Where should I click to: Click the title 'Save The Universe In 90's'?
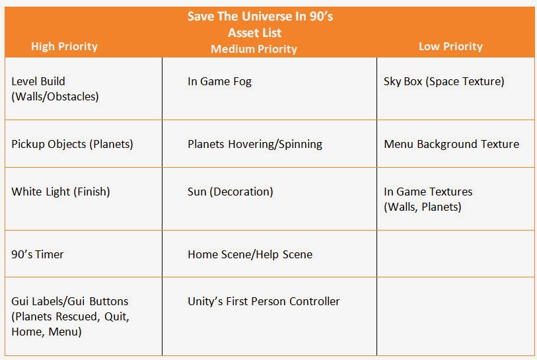point(260,17)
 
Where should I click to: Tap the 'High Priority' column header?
point(64,46)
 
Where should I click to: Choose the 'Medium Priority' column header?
point(254,49)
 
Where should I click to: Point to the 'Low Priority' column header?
point(450,46)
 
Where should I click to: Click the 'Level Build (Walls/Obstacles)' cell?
point(55,89)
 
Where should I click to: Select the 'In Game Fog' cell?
point(219,82)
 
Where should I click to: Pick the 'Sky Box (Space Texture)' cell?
point(443,82)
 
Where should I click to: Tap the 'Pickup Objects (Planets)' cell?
point(72,144)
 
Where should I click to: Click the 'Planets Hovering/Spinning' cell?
point(255,144)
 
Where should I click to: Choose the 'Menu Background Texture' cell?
point(451,144)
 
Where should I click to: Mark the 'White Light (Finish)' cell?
point(61,192)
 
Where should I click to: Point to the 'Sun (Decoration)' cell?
point(230,192)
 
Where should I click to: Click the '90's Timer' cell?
point(38,254)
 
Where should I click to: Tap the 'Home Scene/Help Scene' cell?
point(250,254)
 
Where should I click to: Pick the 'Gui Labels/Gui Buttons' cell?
point(70,316)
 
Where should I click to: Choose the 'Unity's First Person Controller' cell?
point(264,301)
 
